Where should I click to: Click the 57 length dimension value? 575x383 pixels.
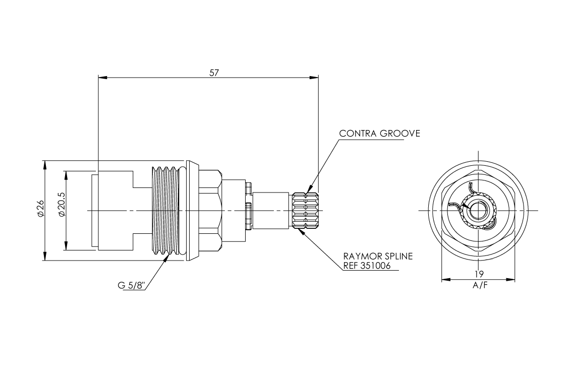tap(214, 72)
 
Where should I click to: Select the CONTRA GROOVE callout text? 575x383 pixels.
tap(379, 134)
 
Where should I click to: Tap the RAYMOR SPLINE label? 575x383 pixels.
tap(378, 256)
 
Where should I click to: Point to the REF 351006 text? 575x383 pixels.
tap(367, 266)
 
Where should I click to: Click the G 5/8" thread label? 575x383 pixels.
tap(132, 285)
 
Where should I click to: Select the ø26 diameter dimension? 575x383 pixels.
tap(41, 210)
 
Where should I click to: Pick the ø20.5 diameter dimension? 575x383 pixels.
tap(61, 210)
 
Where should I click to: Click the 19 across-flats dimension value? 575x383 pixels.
tap(479, 274)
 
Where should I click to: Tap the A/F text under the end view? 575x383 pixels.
tap(479, 285)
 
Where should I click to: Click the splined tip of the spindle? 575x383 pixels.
tap(305, 210)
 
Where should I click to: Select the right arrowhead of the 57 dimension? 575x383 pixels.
tap(315, 77)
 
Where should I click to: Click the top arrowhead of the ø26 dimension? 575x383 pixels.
tap(45, 164)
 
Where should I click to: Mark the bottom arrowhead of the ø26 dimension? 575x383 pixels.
tap(45, 257)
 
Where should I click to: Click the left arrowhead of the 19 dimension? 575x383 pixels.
tap(445, 279)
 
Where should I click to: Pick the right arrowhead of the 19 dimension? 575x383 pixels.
tap(511, 279)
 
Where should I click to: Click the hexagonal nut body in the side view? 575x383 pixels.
tap(209, 210)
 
